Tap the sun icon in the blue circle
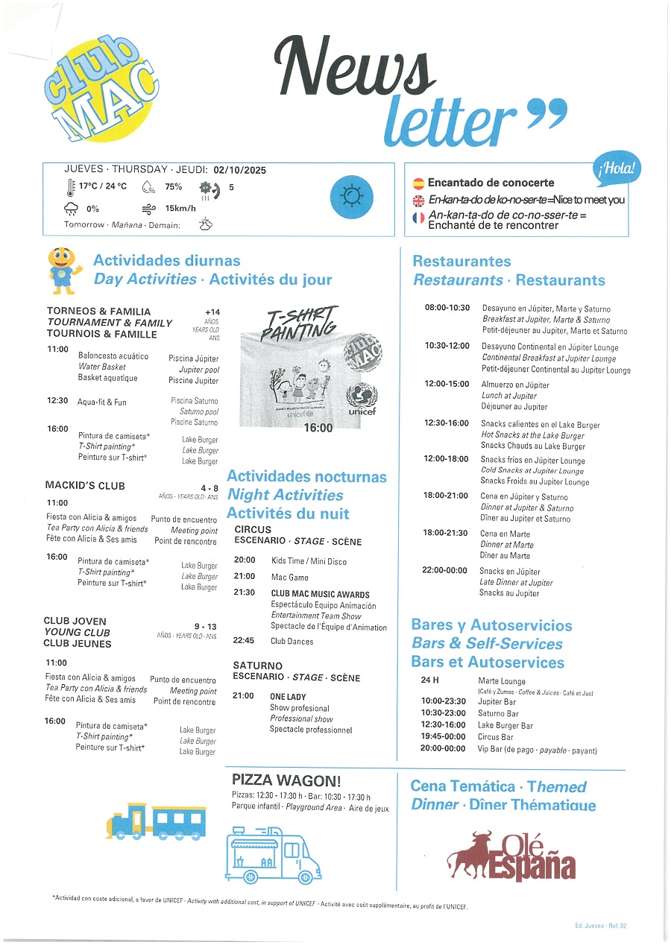click(x=351, y=196)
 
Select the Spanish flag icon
click(x=418, y=183)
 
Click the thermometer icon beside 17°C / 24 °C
click(x=70, y=187)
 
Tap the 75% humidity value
click(x=173, y=187)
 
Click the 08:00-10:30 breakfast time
click(x=447, y=308)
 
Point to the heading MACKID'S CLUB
click(x=85, y=486)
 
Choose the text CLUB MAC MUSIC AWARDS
click(x=320, y=594)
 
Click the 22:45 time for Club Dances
click(x=244, y=640)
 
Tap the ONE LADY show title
click(x=288, y=696)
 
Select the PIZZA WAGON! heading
click(x=286, y=780)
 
